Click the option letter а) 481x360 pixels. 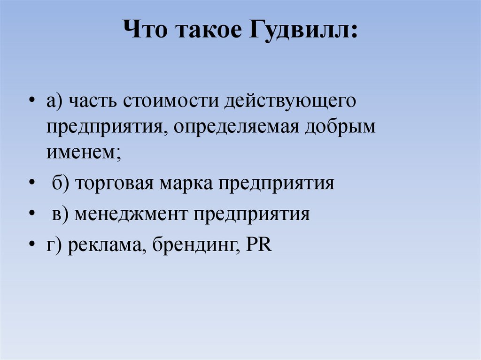tap(54, 103)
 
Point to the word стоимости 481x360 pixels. tap(167, 103)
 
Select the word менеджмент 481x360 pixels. tap(132, 214)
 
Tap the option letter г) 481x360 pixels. tap(53, 246)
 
